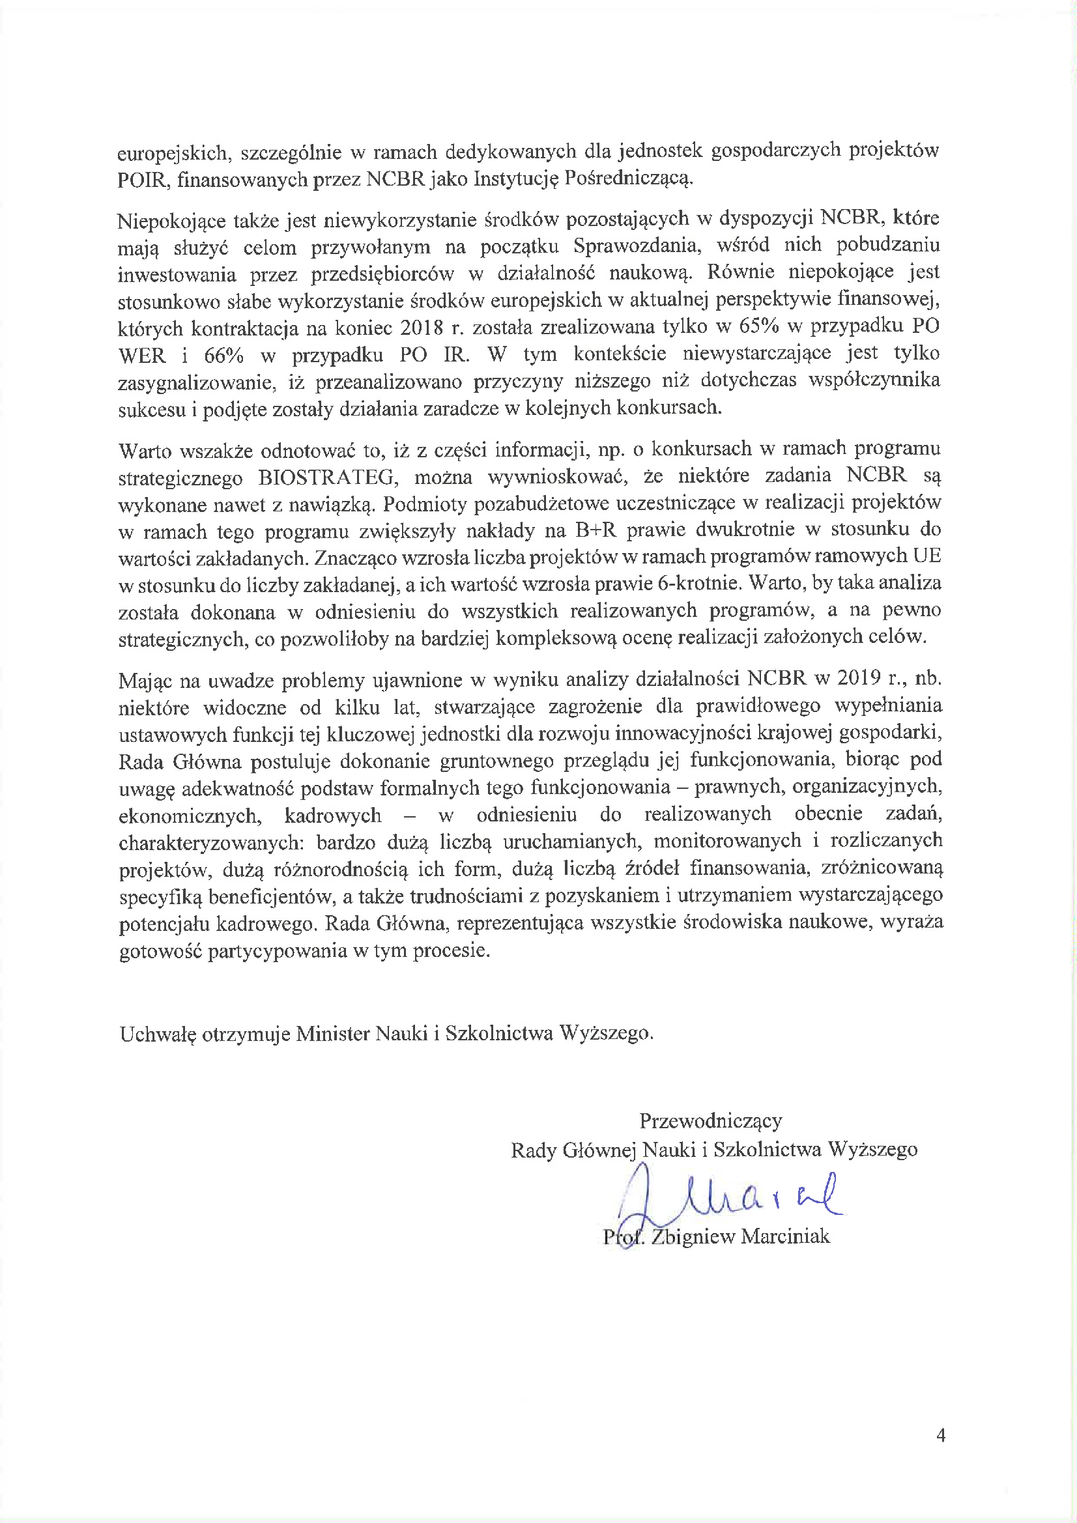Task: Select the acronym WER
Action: (x=141, y=356)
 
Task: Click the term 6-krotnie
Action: (x=696, y=584)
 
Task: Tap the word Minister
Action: (x=332, y=1033)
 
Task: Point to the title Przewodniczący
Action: (x=711, y=1121)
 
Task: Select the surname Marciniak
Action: (x=785, y=1236)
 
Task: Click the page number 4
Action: (x=940, y=1454)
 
